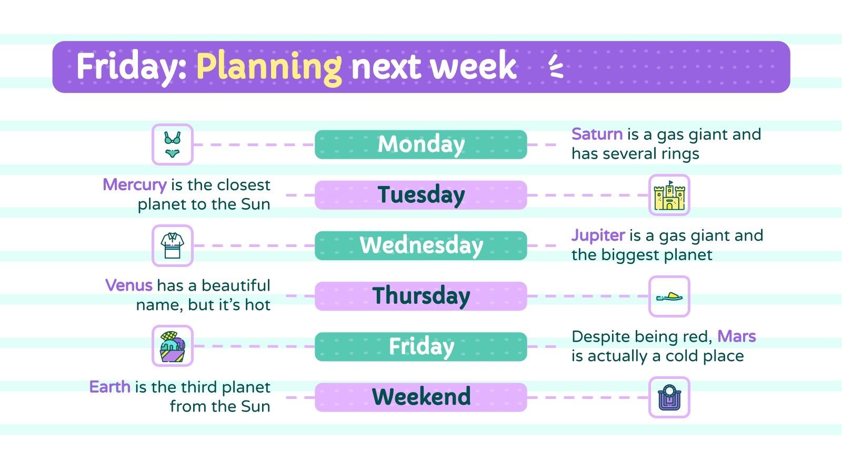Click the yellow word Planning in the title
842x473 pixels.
pos(269,67)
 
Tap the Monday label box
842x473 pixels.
pos(420,145)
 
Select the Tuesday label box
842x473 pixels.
pos(420,195)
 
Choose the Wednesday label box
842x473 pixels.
pos(420,245)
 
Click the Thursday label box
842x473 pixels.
pos(420,296)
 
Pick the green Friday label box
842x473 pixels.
pos(420,346)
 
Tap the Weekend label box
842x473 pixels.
pos(420,397)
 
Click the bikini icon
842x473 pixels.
pos(172,145)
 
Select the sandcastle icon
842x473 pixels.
pos(669,196)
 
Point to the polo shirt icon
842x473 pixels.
pos(172,245)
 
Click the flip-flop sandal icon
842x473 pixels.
pos(669,296)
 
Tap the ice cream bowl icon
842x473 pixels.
pos(172,346)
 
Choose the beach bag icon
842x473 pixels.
pos(669,397)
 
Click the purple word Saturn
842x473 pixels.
pos(597,135)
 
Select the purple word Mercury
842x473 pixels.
pos(134,185)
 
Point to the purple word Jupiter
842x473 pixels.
pos(598,235)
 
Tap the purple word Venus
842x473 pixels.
pos(129,286)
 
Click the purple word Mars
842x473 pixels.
pos(736,336)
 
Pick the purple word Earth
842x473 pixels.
pos(109,387)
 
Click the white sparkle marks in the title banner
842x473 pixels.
pos(556,67)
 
